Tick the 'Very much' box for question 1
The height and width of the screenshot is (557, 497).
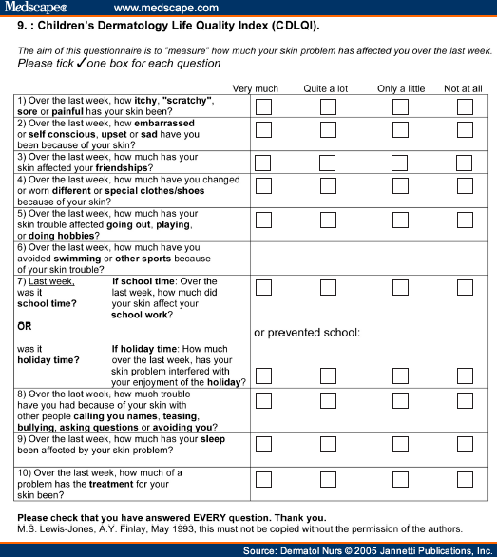pos(263,105)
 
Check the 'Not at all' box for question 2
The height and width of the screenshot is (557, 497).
pos(465,129)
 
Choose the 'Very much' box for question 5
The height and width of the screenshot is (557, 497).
pos(263,221)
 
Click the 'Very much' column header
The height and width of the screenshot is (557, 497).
pos(256,88)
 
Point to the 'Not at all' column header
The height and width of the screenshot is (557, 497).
pos(464,88)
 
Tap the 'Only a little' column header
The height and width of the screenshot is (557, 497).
pos(401,88)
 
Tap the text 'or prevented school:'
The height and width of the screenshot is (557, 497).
pos(307,333)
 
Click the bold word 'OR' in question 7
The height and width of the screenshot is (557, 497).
pos(25,326)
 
